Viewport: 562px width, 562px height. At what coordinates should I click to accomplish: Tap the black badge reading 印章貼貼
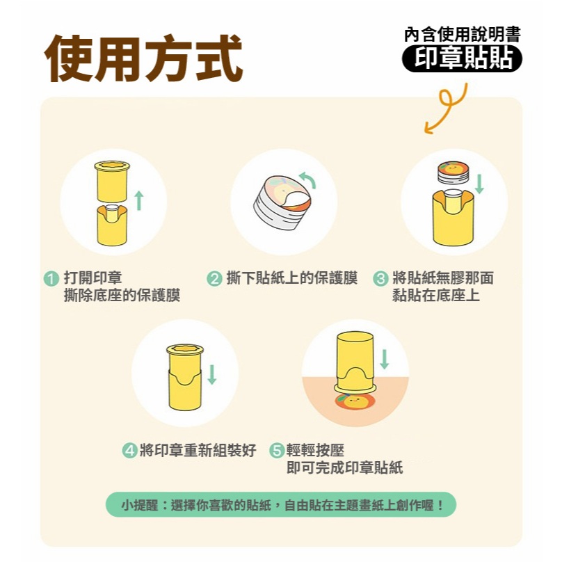[x=462, y=58]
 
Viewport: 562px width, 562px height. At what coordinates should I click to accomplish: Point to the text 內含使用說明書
[x=463, y=35]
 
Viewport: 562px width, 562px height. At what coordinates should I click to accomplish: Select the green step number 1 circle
[x=51, y=278]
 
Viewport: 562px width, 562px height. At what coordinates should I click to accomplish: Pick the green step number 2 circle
[x=214, y=278]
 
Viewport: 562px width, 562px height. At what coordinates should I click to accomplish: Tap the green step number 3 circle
[x=380, y=278]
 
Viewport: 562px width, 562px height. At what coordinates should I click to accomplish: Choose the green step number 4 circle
[x=129, y=451]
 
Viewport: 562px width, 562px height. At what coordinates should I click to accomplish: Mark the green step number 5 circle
[x=277, y=451]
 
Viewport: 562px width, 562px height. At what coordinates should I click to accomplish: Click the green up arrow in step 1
[x=139, y=200]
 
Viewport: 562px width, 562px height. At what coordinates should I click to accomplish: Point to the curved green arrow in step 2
[x=308, y=179]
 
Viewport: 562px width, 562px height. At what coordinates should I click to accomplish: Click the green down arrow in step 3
[x=479, y=184]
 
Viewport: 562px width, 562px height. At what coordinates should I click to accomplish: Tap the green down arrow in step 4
[x=212, y=374]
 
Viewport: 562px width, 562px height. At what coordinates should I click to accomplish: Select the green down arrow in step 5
[x=384, y=359]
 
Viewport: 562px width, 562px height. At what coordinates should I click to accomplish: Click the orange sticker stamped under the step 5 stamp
[x=355, y=401]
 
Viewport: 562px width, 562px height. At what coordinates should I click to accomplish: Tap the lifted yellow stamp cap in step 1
[x=112, y=182]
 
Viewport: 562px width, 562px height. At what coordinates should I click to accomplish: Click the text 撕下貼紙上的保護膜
[x=292, y=278]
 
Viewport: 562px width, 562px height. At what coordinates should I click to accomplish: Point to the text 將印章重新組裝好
[x=198, y=451]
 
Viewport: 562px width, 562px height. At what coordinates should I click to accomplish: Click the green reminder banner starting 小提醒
[x=281, y=505]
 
